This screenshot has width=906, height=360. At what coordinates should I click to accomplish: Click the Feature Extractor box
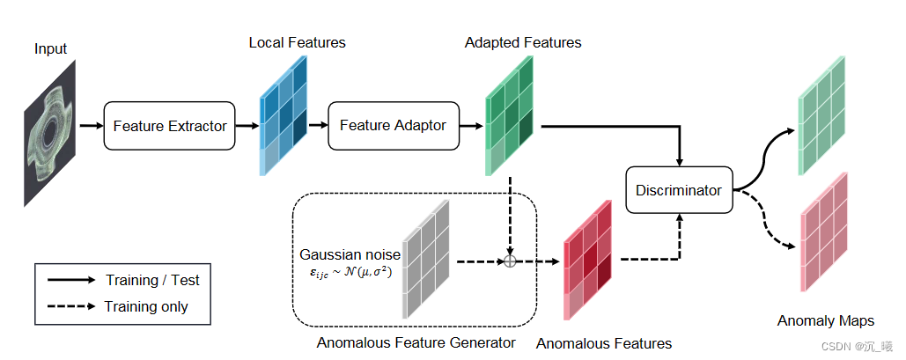pyautogui.click(x=169, y=125)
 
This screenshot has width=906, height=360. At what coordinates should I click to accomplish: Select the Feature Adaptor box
pyautogui.click(x=394, y=125)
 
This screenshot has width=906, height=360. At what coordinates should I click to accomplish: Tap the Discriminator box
pyautogui.click(x=679, y=189)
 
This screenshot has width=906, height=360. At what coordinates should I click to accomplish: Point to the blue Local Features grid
pyautogui.click(x=284, y=115)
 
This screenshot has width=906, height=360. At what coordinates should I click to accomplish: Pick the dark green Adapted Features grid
pyautogui.click(x=510, y=115)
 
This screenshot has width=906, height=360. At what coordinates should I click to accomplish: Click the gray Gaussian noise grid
pyautogui.click(x=426, y=259)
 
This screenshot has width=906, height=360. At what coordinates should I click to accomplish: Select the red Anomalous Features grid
pyautogui.click(x=587, y=260)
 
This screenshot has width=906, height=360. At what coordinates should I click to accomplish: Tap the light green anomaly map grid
pyautogui.click(x=822, y=115)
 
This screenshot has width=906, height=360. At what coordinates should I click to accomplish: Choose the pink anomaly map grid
pyautogui.click(x=823, y=232)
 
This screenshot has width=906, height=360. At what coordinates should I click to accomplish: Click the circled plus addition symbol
pyautogui.click(x=510, y=261)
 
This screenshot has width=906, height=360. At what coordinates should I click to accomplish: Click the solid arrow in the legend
pyautogui.click(x=71, y=280)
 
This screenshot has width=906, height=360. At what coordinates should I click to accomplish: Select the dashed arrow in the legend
pyautogui.click(x=71, y=306)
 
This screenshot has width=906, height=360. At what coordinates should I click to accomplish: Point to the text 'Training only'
pyautogui.click(x=146, y=306)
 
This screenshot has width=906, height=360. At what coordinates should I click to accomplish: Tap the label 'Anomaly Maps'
pyautogui.click(x=826, y=320)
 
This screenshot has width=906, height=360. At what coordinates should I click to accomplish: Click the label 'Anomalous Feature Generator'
pyautogui.click(x=416, y=342)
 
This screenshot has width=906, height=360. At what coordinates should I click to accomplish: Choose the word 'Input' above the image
pyautogui.click(x=51, y=49)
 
